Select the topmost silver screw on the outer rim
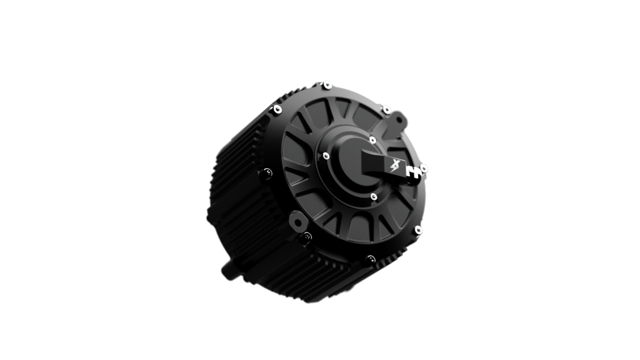click(327, 84)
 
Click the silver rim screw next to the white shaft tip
click(424, 167)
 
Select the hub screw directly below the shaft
click(373, 197)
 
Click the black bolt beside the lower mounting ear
click(306, 236)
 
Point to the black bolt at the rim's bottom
click(371, 258)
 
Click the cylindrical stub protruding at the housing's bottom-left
click(227, 272)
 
